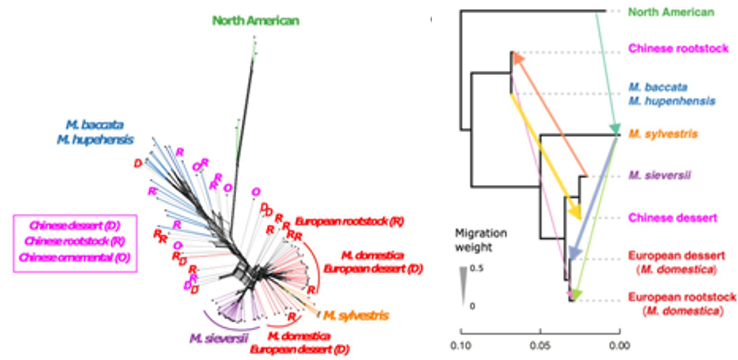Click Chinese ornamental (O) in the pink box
coord(75,257)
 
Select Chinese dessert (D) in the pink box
coord(75,225)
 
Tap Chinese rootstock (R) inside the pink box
coord(75,241)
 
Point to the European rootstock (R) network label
coord(349,222)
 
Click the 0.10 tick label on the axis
coord(461,345)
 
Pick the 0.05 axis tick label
coord(540,345)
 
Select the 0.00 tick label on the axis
coord(620,345)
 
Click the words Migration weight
coord(480,240)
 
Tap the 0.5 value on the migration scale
coord(477,268)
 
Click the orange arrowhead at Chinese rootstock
coord(518,58)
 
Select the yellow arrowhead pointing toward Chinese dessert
coord(575,213)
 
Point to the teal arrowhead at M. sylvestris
coord(614,129)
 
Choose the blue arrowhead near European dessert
coord(574,253)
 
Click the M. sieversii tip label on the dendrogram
coord(660,175)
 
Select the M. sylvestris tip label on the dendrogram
coord(663,134)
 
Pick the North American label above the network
coord(256,21)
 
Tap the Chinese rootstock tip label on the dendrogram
coord(678,48)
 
